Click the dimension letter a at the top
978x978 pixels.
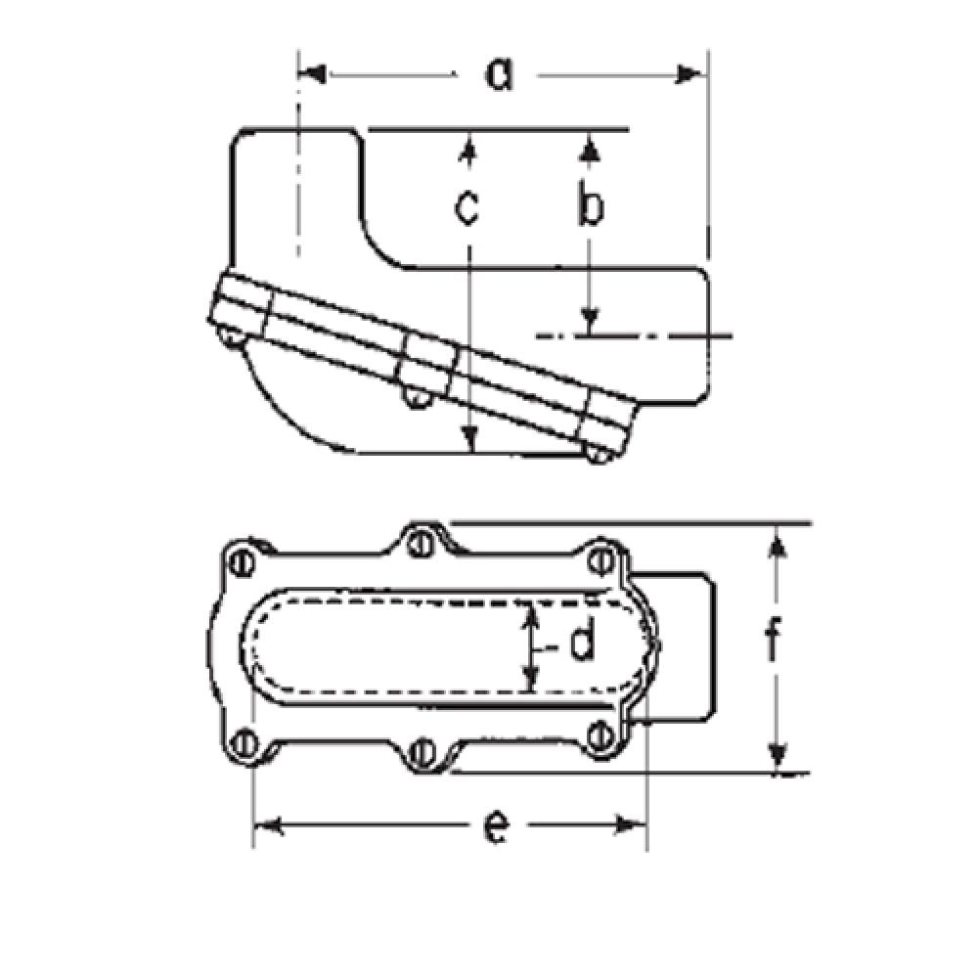click(x=500, y=74)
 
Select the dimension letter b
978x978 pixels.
click(x=589, y=207)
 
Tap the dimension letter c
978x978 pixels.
click(x=468, y=207)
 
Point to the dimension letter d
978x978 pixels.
click(x=580, y=644)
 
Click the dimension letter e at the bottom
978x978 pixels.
click(x=497, y=827)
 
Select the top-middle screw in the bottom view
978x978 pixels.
click(x=422, y=543)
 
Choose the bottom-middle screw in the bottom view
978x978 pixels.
click(x=422, y=751)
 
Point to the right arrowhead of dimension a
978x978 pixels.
click(x=691, y=74)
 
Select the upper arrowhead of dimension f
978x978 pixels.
click(x=778, y=540)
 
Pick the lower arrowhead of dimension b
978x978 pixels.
click(x=589, y=320)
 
